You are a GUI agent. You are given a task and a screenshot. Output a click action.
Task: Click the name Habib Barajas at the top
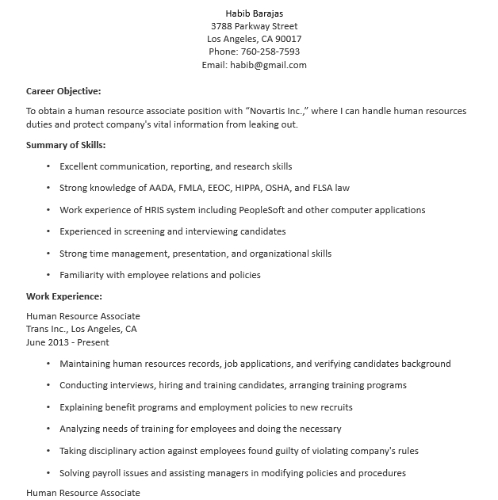tap(254, 13)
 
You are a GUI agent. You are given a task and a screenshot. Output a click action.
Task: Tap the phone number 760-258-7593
tap(271, 52)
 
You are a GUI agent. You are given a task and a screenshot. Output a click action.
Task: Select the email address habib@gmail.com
tap(267, 65)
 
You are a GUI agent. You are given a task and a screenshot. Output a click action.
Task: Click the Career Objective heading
tap(63, 91)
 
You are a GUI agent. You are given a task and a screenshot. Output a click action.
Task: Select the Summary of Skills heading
tap(66, 145)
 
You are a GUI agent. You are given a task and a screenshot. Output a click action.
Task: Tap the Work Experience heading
tap(64, 296)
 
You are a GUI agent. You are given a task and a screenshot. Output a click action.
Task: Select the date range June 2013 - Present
tap(67, 342)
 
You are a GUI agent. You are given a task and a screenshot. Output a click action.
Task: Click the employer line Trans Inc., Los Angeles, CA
tap(82, 329)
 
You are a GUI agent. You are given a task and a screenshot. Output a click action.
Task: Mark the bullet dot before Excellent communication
tap(48, 166)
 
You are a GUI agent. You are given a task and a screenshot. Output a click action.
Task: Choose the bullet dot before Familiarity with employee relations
tap(48, 275)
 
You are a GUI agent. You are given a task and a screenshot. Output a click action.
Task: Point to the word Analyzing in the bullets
tap(82, 429)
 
